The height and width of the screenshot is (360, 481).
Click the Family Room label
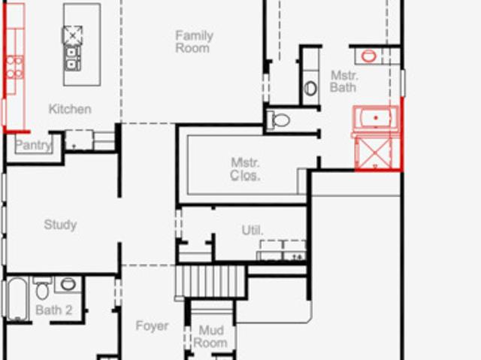point(194,41)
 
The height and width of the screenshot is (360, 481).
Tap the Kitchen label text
point(70,109)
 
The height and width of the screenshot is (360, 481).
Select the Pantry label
point(33,145)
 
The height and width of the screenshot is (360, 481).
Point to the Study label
point(60,225)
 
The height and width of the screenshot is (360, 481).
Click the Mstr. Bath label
point(343,82)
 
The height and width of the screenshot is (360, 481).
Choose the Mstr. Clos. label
point(245,169)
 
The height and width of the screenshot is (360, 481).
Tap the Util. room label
point(253,230)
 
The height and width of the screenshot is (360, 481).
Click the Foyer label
point(152,325)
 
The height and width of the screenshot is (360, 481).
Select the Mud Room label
point(210,337)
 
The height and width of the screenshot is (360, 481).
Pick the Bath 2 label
point(54,310)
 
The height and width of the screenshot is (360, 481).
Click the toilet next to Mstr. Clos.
point(278,120)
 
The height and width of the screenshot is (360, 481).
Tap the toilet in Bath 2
point(42,288)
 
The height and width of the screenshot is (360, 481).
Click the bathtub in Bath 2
point(17,298)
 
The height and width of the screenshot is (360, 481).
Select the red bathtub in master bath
point(376,118)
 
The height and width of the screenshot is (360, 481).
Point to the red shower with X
point(375,153)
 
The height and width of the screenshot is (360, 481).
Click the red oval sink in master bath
point(368,56)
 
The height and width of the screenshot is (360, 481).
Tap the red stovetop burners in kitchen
point(15,67)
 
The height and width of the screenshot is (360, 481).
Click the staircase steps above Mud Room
point(211,282)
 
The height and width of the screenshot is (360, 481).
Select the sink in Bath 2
point(68,284)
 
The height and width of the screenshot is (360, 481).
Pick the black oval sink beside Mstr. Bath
point(310,89)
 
